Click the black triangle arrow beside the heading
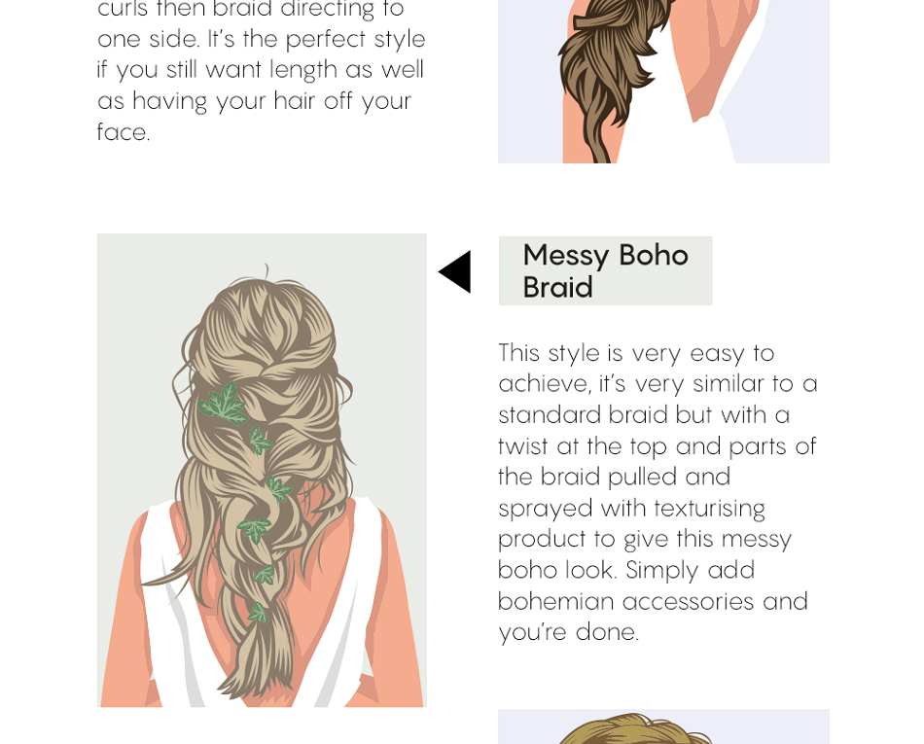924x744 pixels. (x=456, y=271)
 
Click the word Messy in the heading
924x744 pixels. (x=566, y=255)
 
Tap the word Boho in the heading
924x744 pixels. (x=654, y=255)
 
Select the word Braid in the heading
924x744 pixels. (x=557, y=288)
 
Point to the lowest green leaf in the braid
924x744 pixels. (x=258, y=613)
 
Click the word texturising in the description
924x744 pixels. (x=709, y=508)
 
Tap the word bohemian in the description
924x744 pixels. (x=555, y=601)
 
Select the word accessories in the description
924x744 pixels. (x=688, y=601)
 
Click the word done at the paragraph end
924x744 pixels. (x=606, y=632)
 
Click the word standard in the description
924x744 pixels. (x=549, y=414)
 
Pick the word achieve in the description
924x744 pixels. (x=542, y=383)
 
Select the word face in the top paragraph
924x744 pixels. (x=122, y=132)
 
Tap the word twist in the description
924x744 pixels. (x=522, y=445)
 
